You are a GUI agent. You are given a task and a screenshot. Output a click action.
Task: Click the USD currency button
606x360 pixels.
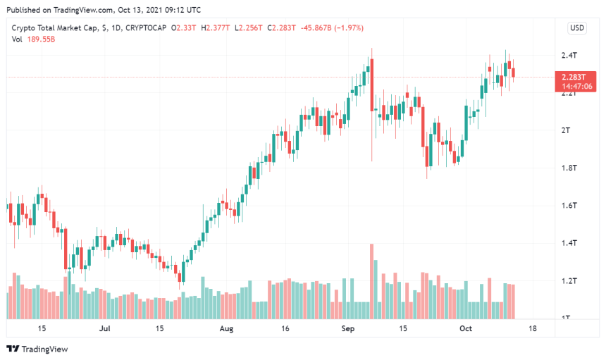[577, 28]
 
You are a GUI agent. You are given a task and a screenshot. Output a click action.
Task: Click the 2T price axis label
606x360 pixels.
[565, 131]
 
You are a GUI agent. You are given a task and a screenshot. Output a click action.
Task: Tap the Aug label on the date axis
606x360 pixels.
[226, 328]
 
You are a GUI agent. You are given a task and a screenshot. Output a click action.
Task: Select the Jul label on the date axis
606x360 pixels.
[105, 328]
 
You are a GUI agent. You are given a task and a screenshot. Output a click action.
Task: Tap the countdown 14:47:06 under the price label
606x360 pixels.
[576, 86]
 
